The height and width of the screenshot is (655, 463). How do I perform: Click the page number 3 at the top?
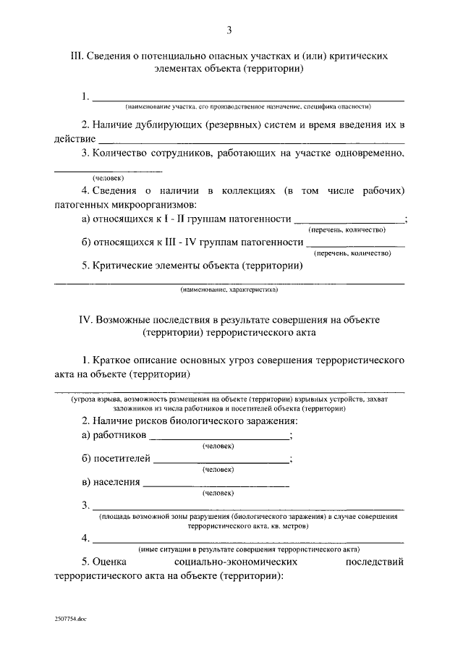[x=229, y=30]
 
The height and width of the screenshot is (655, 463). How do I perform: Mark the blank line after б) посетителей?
[x=221, y=460]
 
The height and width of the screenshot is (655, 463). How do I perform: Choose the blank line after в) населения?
[x=216, y=483]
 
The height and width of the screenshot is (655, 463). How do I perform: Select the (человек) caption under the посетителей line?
[x=218, y=470]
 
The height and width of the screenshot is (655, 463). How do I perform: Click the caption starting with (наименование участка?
[x=248, y=106]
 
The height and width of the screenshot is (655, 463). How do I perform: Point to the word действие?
[x=75, y=138]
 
